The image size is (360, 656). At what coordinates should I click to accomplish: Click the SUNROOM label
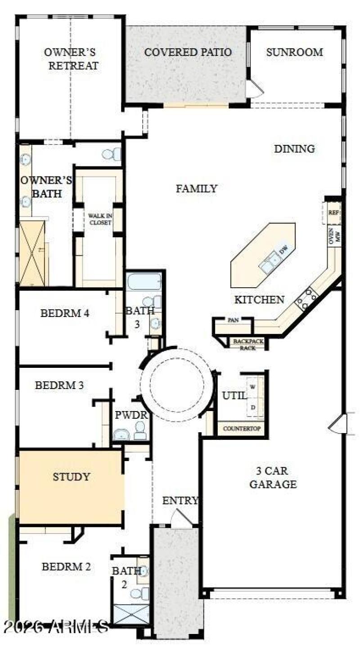pyautogui.click(x=294, y=52)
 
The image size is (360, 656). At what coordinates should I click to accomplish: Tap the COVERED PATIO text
pyautogui.click(x=188, y=52)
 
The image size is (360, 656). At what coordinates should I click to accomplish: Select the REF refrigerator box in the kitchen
pyautogui.click(x=333, y=213)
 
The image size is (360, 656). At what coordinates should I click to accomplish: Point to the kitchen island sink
pyautogui.click(x=270, y=262)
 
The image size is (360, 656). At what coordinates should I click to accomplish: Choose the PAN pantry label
pyautogui.click(x=233, y=320)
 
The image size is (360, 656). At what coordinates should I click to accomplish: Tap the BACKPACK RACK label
pyautogui.click(x=248, y=344)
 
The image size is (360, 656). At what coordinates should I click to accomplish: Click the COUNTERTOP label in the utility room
pyautogui.click(x=242, y=428)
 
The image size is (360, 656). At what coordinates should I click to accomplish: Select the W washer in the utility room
pyautogui.click(x=253, y=386)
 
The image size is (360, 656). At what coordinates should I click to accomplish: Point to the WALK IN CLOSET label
pyautogui.click(x=99, y=219)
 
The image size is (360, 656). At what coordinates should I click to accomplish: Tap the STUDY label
pyautogui.click(x=71, y=476)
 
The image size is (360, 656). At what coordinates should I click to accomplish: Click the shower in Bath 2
pyautogui.click(x=131, y=615)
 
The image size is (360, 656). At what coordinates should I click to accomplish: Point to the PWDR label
pyautogui.click(x=131, y=415)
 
